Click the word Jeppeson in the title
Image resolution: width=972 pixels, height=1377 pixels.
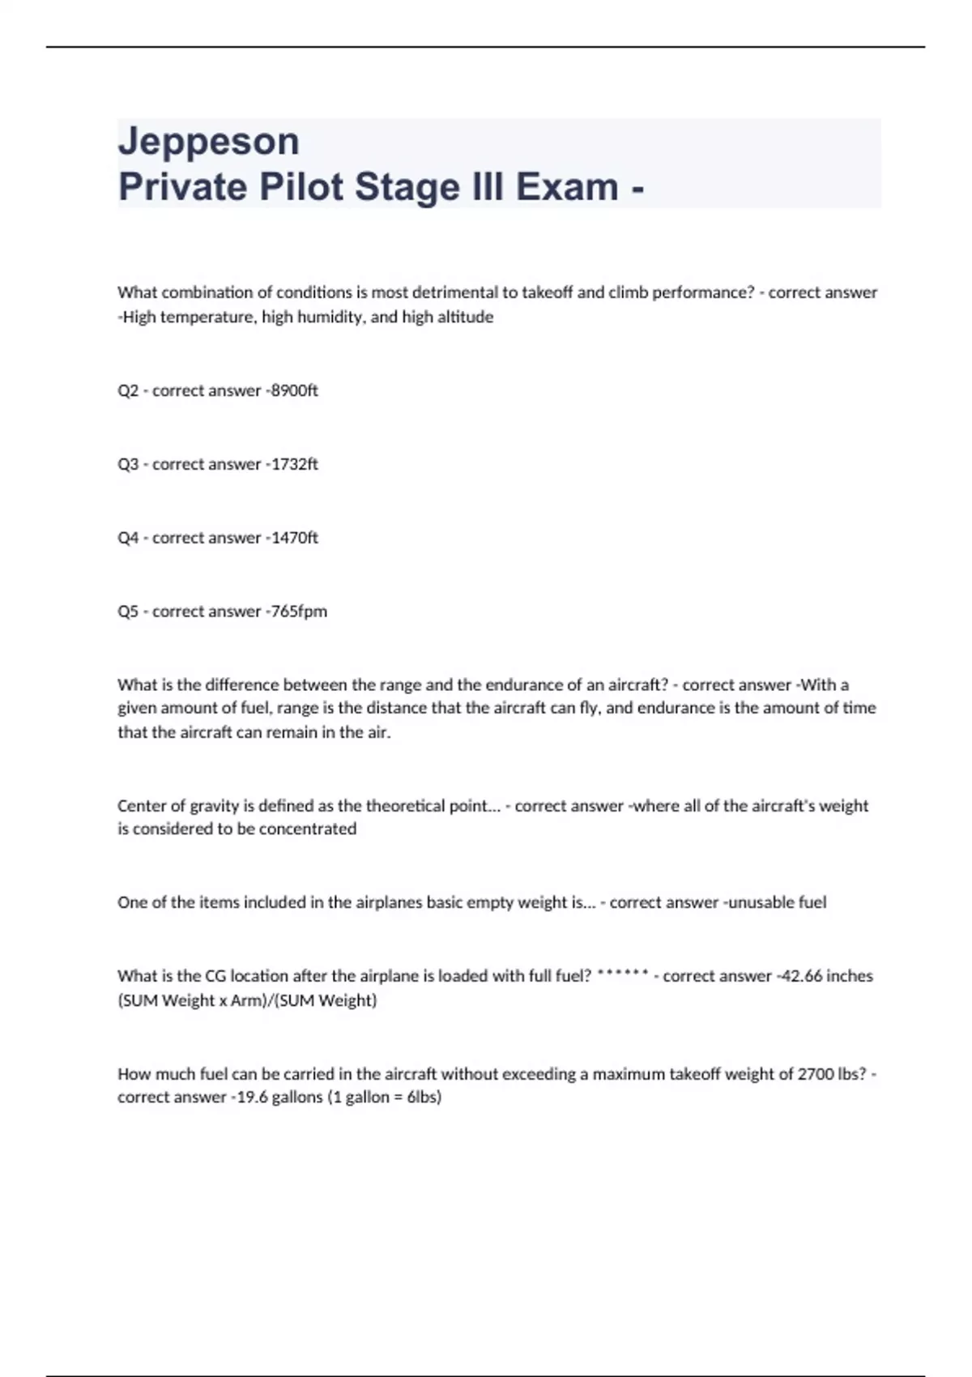pyautogui.click(x=209, y=142)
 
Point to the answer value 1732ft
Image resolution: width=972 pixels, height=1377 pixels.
pyautogui.click(x=295, y=464)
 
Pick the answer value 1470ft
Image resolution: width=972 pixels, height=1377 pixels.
pyautogui.click(x=295, y=538)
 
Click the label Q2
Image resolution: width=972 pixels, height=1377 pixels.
pyautogui.click(x=128, y=390)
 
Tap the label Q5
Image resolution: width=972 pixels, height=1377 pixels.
pyautogui.click(x=128, y=612)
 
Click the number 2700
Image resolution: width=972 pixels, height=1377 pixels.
pyautogui.click(x=816, y=1074)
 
